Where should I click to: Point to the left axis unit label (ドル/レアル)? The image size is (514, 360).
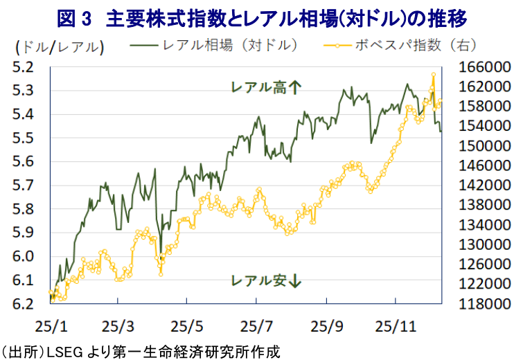point(58,47)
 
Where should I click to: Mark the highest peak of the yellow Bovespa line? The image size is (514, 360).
point(433,74)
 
